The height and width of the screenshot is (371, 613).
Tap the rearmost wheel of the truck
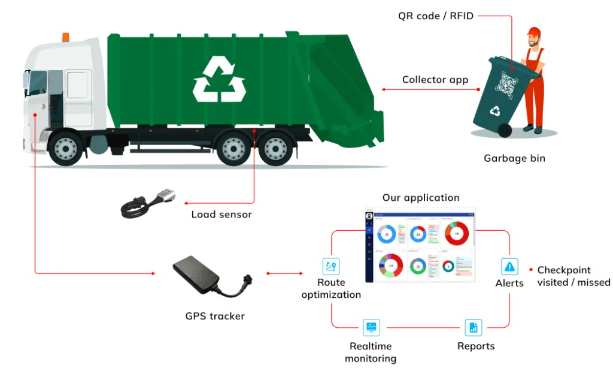pyautogui.click(x=276, y=147)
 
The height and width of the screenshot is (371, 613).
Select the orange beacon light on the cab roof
pyautogui.click(x=66, y=37)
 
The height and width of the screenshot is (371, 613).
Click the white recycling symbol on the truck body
pyautogui.click(x=219, y=79)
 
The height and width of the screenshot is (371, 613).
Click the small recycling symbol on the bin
pyautogui.click(x=495, y=110)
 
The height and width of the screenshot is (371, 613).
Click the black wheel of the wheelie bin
pyautogui.click(x=505, y=129)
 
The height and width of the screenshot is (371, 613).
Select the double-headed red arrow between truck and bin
pyautogui.click(x=430, y=90)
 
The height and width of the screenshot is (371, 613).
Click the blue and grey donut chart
pyautogui.click(x=386, y=234)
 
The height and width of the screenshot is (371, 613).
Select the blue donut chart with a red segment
pyautogui.click(x=418, y=233)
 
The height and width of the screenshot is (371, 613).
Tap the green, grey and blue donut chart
pyautogui.click(x=418, y=266)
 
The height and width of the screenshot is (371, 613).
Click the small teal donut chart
pyautogui.click(x=448, y=267)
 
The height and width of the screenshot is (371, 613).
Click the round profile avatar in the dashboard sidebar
pyautogui.click(x=369, y=216)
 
